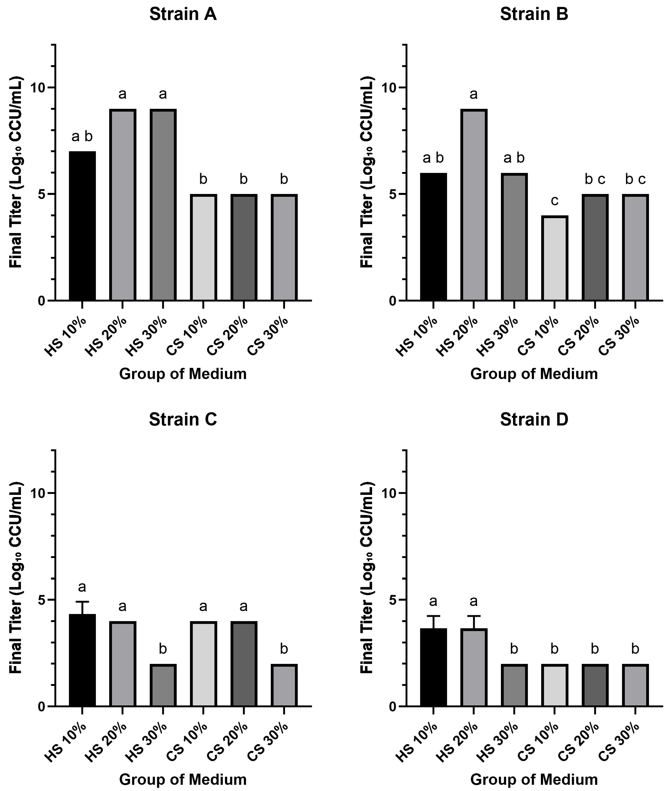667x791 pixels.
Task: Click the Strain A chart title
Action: [183, 14]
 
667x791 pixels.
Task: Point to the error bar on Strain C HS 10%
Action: [82, 608]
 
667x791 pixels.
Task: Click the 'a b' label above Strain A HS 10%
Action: [82, 136]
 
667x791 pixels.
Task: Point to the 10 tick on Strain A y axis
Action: [38, 87]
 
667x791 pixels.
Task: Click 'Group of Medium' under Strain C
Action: [183, 779]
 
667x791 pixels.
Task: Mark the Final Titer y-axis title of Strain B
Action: [367, 172]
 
